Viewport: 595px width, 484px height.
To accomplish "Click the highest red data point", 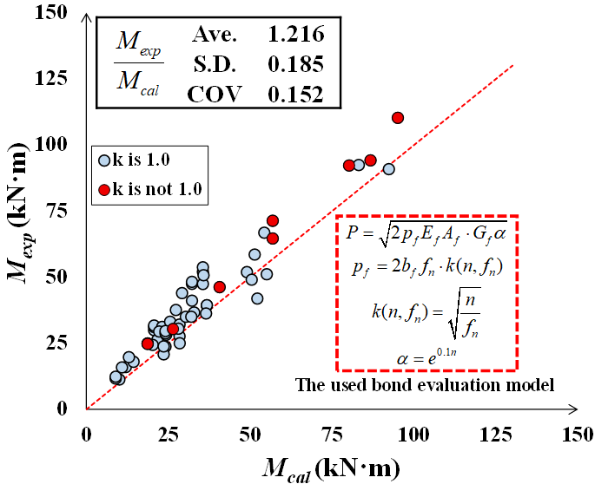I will click(398, 118).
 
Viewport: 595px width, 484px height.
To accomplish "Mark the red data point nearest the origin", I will click(148, 343).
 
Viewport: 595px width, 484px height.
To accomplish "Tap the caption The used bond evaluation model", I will click(425, 384).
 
